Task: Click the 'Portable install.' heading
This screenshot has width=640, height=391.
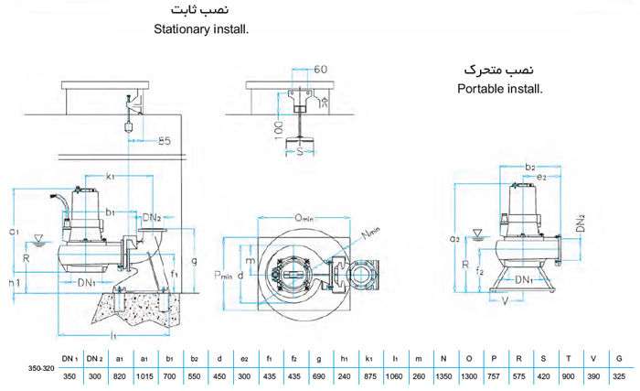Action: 498,89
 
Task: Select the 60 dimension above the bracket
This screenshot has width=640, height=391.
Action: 320,69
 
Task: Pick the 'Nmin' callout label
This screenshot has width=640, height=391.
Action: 370,234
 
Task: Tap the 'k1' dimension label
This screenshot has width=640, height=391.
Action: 109,174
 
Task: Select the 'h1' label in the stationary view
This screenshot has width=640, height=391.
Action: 14,284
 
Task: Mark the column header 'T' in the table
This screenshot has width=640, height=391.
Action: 570,359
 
